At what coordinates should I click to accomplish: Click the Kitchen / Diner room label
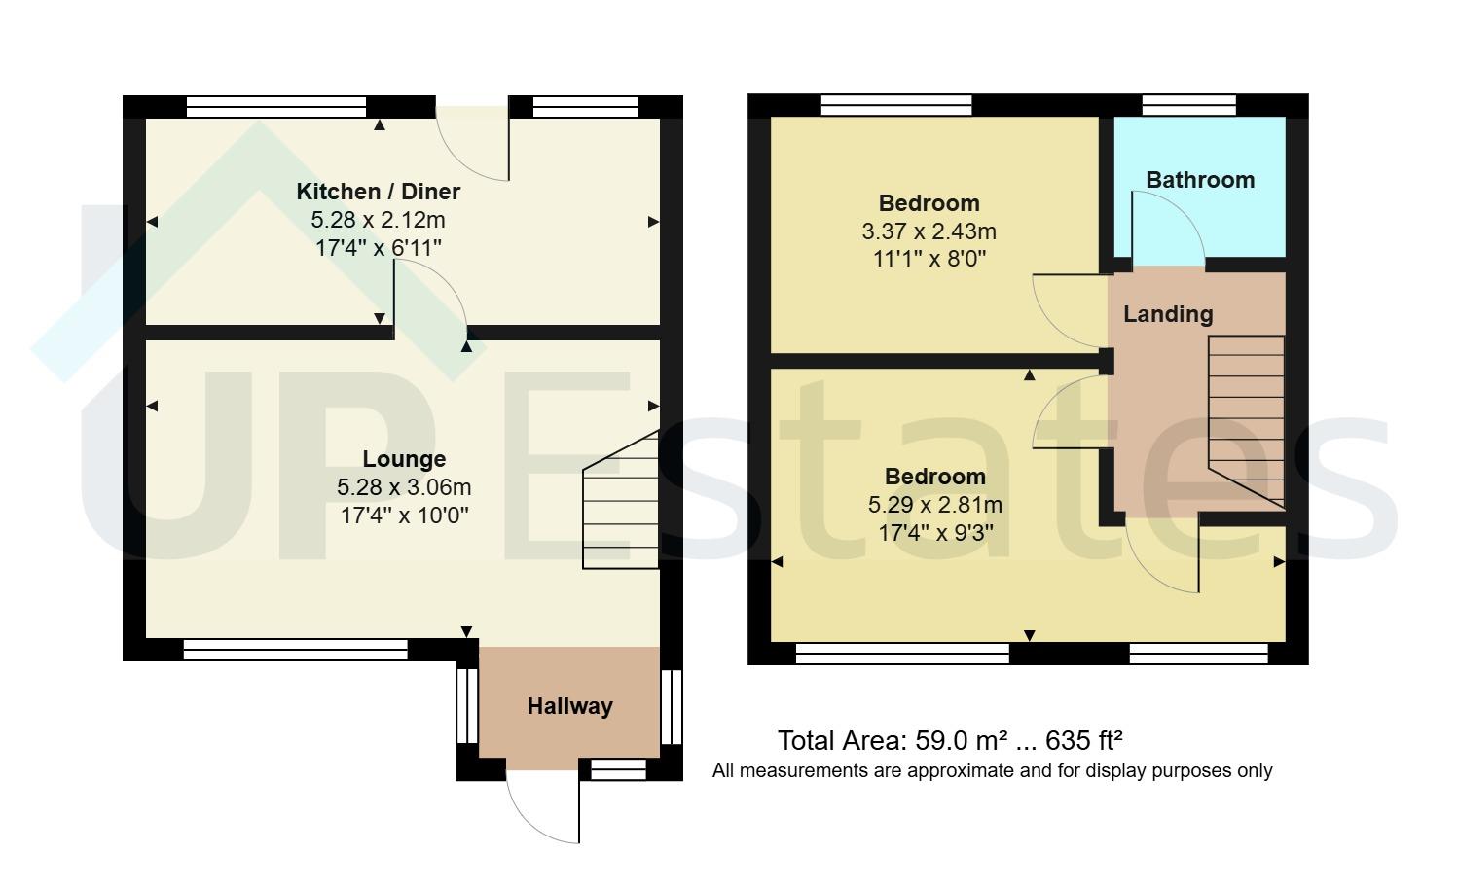[x=378, y=192]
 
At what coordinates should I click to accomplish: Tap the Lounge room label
[x=404, y=459]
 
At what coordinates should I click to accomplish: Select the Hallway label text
[x=569, y=706]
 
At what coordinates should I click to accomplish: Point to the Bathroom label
[x=1199, y=180]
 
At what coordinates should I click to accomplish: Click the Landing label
[x=1168, y=314]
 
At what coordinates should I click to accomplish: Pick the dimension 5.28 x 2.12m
[x=378, y=220]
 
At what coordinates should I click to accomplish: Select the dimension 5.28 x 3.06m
[x=404, y=487]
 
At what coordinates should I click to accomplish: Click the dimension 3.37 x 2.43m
[x=929, y=231]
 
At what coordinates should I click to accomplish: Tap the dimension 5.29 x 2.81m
[x=934, y=505]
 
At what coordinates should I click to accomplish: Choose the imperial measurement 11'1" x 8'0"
[x=929, y=259]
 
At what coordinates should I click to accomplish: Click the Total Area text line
[x=950, y=741]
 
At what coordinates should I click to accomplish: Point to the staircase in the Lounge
[x=621, y=506]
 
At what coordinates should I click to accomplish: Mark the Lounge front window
[x=295, y=650]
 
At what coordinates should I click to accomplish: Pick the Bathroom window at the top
[x=1188, y=105]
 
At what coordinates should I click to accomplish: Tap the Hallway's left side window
[x=467, y=706]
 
